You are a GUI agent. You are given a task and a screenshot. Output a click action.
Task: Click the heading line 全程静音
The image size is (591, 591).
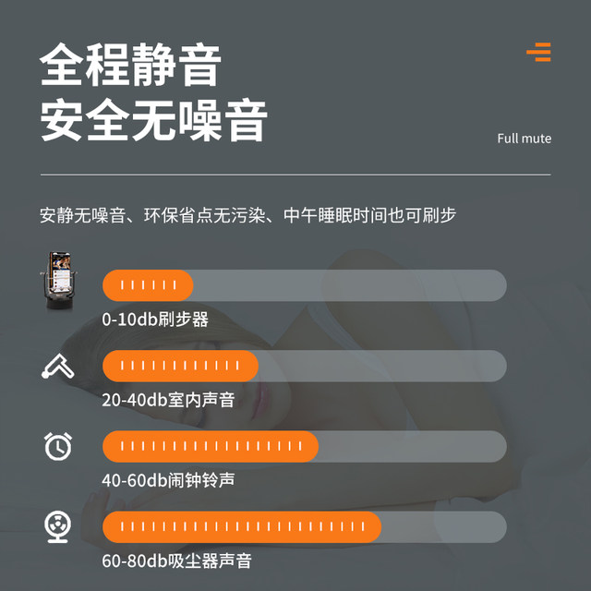pyautogui.click(x=130, y=65)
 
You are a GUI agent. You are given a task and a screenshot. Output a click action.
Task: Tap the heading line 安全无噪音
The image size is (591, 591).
pyautogui.click(x=154, y=120)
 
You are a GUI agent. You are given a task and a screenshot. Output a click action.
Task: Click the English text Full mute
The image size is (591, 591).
pyautogui.click(x=524, y=139)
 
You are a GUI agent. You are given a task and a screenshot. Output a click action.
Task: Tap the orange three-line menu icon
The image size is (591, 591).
pyautogui.click(x=539, y=52)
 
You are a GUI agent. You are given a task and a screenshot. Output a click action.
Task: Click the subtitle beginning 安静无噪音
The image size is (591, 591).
pyautogui.click(x=248, y=215)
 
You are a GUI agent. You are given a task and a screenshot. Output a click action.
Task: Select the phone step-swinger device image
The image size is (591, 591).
pyautogui.click(x=58, y=281)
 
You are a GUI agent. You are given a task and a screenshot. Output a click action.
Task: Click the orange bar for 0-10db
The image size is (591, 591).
pyautogui.click(x=148, y=285)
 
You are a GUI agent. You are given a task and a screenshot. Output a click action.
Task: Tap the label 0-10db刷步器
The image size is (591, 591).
pyautogui.click(x=155, y=320)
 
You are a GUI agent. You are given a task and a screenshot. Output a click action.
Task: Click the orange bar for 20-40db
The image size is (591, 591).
pyautogui.click(x=181, y=366)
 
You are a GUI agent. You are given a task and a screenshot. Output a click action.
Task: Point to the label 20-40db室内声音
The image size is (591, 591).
pyautogui.click(x=168, y=400)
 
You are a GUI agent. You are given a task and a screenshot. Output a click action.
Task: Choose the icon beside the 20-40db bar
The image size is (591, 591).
pyautogui.click(x=57, y=366)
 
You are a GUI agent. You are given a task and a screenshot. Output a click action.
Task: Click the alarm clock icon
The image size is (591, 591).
pyautogui.click(x=58, y=446)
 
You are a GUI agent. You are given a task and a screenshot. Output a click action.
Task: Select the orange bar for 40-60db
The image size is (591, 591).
pyautogui.click(x=211, y=446)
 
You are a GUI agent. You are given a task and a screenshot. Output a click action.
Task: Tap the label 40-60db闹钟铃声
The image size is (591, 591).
pyautogui.click(x=168, y=480)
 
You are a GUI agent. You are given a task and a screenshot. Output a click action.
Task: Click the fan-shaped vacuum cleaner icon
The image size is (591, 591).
pyautogui.click(x=57, y=526)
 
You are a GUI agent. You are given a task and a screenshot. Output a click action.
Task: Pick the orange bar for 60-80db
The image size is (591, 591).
pyautogui.click(x=242, y=527)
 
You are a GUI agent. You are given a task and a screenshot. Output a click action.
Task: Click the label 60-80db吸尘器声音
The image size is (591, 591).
pyautogui.click(x=176, y=561)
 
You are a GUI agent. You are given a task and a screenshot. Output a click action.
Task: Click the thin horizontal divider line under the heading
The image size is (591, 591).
pyautogui.click(x=295, y=175)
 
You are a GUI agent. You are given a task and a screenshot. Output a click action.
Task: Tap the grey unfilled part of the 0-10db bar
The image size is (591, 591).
pyautogui.click(x=350, y=285)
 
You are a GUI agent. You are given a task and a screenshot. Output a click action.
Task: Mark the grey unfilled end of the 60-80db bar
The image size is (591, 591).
pyautogui.click(x=444, y=527)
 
